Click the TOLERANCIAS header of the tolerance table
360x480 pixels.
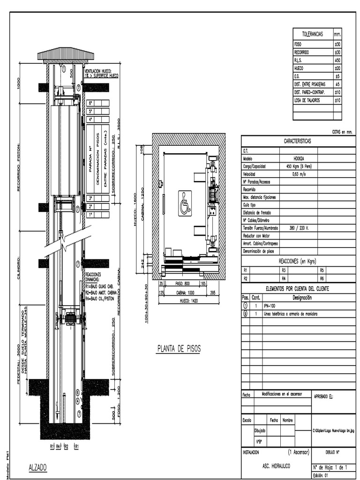312,34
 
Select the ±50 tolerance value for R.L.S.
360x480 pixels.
337,60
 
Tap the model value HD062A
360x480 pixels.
298,158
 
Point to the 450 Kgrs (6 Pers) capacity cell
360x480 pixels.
298,166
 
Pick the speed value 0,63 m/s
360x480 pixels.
298,173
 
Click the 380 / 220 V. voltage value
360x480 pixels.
298,228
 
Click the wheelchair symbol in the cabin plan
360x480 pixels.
185,203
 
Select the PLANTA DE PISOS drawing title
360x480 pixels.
178,349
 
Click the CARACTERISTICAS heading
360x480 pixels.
298,141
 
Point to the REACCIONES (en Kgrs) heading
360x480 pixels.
297,261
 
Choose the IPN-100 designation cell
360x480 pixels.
270,306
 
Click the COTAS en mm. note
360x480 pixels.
342,132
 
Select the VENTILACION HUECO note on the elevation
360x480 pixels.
101,73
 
